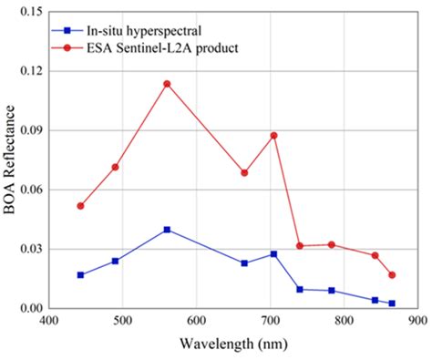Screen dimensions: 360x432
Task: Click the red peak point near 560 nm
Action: click(167, 84)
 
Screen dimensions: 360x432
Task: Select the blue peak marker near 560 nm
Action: click(167, 230)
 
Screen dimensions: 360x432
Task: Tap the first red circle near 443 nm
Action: click(81, 206)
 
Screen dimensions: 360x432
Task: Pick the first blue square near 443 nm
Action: click(81, 274)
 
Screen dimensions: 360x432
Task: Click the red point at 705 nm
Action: click(273, 136)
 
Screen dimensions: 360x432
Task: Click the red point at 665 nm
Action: click(244, 172)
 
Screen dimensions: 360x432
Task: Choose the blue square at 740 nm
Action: click(300, 289)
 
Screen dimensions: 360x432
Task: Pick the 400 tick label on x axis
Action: click(48, 321)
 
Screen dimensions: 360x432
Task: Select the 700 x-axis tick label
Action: click(270, 321)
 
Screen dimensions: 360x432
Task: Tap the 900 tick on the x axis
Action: click(417, 321)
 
